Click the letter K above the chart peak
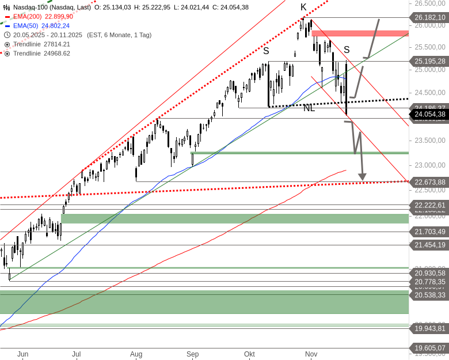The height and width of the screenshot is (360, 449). pos(303,7)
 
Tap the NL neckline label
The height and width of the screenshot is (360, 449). pos(309,108)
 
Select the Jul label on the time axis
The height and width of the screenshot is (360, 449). pos(76,354)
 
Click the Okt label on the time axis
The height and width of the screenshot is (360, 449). pos(249,354)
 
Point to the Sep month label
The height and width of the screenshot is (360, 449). pos(192,354)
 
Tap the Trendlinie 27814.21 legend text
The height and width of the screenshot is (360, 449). pos(42,44)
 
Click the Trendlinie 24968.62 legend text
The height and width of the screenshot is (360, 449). pos(42,53)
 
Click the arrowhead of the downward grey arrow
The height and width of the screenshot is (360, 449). pos(363,176)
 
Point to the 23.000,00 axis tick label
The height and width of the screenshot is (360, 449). pos(429,165)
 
